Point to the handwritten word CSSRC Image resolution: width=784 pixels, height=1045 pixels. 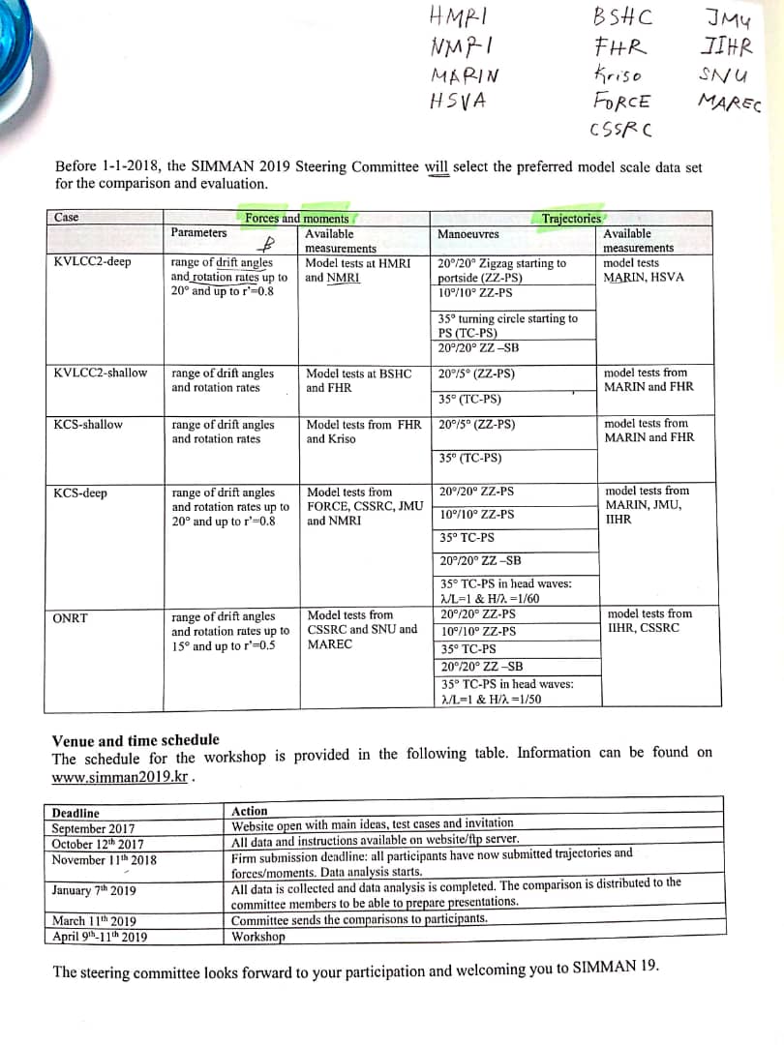pyautogui.click(x=619, y=129)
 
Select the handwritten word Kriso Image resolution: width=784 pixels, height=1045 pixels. pyautogui.click(x=618, y=75)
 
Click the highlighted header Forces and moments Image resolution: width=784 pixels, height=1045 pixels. pyautogui.click(x=296, y=219)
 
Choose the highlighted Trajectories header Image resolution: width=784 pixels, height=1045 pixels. pyautogui.click(x=571, y=219)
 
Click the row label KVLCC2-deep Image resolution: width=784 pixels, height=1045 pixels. pyautogui.click(x=93, y=261)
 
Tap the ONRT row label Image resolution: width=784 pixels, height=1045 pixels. pyautogui.click(x=72, y=616)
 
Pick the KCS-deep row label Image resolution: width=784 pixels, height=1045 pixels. pyautogui.click(x=81, y=493)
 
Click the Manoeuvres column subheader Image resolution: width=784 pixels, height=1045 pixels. pyautogui.click(x=468, y=233)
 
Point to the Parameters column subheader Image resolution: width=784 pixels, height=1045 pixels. pyautogui.click(x=198, y=232)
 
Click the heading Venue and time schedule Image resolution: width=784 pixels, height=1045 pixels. pyautogui.click(x=135, y=740)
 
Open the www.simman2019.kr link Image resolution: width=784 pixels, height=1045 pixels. pyautogui.click(x=119, y=776)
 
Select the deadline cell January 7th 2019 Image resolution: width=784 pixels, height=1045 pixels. pyautogui.click(x=94, y=890)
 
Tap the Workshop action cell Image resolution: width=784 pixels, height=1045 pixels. pyautogui.click(x=258, y=936)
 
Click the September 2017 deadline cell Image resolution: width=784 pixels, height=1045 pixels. pyautogui.click(x=93, y=828)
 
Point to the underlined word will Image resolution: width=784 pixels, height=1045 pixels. pyautogui.click(x=438, y=165)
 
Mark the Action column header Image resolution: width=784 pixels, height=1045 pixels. pyautogui.click(x=250, y=811)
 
